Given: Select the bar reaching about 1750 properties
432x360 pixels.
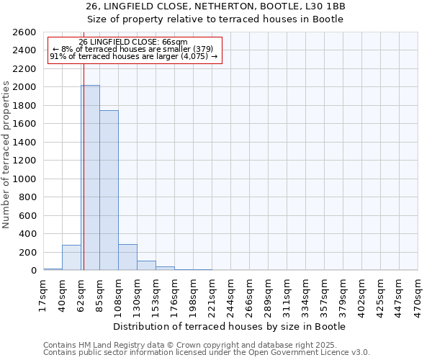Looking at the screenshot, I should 109,190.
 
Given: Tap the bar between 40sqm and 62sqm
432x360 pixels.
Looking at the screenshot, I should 71,258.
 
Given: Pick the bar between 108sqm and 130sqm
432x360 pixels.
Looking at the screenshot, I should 127,258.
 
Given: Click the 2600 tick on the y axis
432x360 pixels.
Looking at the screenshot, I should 24,32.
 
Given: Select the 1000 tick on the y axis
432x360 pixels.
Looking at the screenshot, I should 24,179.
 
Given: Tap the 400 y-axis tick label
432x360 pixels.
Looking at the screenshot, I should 27,234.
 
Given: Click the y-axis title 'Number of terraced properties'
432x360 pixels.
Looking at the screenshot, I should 6,155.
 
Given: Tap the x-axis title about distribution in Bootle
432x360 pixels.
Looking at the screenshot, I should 230,326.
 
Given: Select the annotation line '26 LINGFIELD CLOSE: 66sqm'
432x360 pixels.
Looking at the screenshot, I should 133,42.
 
